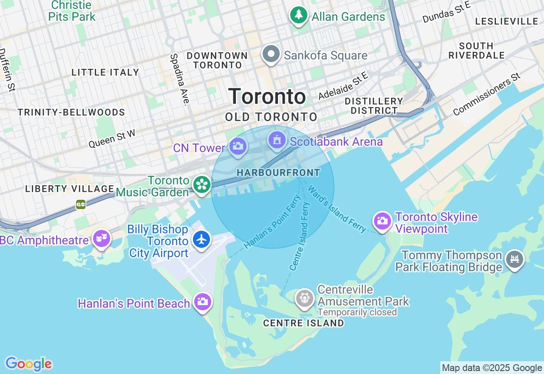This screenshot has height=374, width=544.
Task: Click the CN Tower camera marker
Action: (x=238, y=147)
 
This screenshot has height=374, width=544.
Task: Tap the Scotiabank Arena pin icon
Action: (x=277, y=140)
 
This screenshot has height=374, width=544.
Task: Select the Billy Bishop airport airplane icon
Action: (x=202, y=239)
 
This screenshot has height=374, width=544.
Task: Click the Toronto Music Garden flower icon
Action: (x=202, y=184)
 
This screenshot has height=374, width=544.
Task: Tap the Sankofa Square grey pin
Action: (x=271, y=54)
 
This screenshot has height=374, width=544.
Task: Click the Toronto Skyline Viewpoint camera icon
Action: (x=382, y=221)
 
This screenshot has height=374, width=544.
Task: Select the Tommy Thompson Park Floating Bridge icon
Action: (x=515, y=258)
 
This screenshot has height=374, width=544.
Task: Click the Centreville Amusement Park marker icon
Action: (x=305, y=298)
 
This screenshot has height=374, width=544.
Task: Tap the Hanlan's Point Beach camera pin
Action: (x=202, y=302)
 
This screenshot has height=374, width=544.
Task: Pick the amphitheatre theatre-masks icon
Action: (x=102, y=238)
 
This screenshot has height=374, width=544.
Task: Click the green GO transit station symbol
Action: (x=81, y=204)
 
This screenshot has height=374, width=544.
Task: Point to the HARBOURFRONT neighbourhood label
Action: (x=278, y=173)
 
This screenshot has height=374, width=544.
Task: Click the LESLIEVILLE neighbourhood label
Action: (x=507, y=21)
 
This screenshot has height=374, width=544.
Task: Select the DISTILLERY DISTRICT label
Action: (x=374, y=106)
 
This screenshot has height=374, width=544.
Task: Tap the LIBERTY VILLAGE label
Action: (x=69, y=189)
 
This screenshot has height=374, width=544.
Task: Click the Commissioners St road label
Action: (x=487, y=94)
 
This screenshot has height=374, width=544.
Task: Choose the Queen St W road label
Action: (x=112, y=139)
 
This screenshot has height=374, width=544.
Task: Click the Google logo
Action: (x=28, y=364)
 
